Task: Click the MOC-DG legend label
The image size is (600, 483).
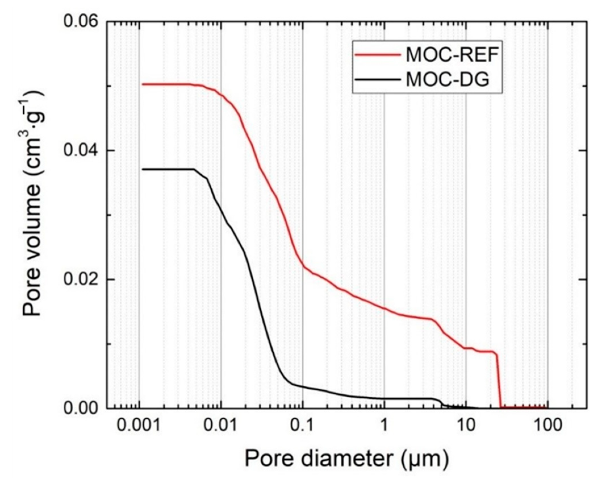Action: pos(447,80)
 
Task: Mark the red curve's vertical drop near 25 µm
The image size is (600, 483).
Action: pos(499,381)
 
